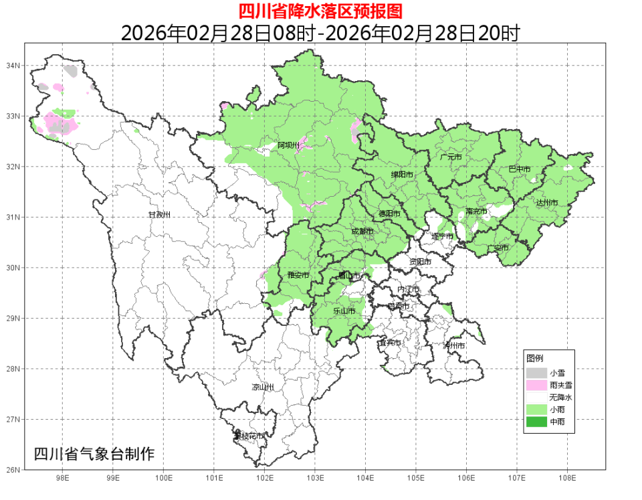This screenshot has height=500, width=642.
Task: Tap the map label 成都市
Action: (x=362, y=232)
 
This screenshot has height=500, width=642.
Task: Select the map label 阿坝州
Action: (x=288, y=145)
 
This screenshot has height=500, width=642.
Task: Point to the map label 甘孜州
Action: (x=159, y=215)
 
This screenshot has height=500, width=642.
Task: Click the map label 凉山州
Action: (x=263, y=387)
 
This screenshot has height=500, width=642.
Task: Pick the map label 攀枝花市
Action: (x=249, y=436)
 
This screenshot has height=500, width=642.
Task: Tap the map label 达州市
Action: (x=546, y=202)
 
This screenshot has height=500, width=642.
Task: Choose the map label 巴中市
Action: (x=520, y=169)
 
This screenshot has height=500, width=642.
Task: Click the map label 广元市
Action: (x=451, y=157)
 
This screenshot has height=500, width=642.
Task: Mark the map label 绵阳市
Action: (x=402, y=175)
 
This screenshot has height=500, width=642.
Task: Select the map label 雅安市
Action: (x=298, y=275)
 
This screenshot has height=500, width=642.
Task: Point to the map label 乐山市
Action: (x=344, y=311)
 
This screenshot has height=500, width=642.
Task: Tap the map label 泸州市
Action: (x=454, y=345)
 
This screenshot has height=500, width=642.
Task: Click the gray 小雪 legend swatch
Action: (x=536, y=373)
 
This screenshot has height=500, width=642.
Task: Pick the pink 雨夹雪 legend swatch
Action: (x=536, y=385)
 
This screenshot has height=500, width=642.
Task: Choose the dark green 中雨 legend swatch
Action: (x=536, y=422)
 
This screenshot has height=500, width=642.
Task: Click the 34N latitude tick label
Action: (x=13, y=66)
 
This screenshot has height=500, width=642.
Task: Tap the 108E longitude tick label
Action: (x=567, y=479)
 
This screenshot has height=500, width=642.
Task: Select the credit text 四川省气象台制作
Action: (x=94, y=454)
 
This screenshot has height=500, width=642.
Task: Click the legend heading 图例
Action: (x=534, y=358)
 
